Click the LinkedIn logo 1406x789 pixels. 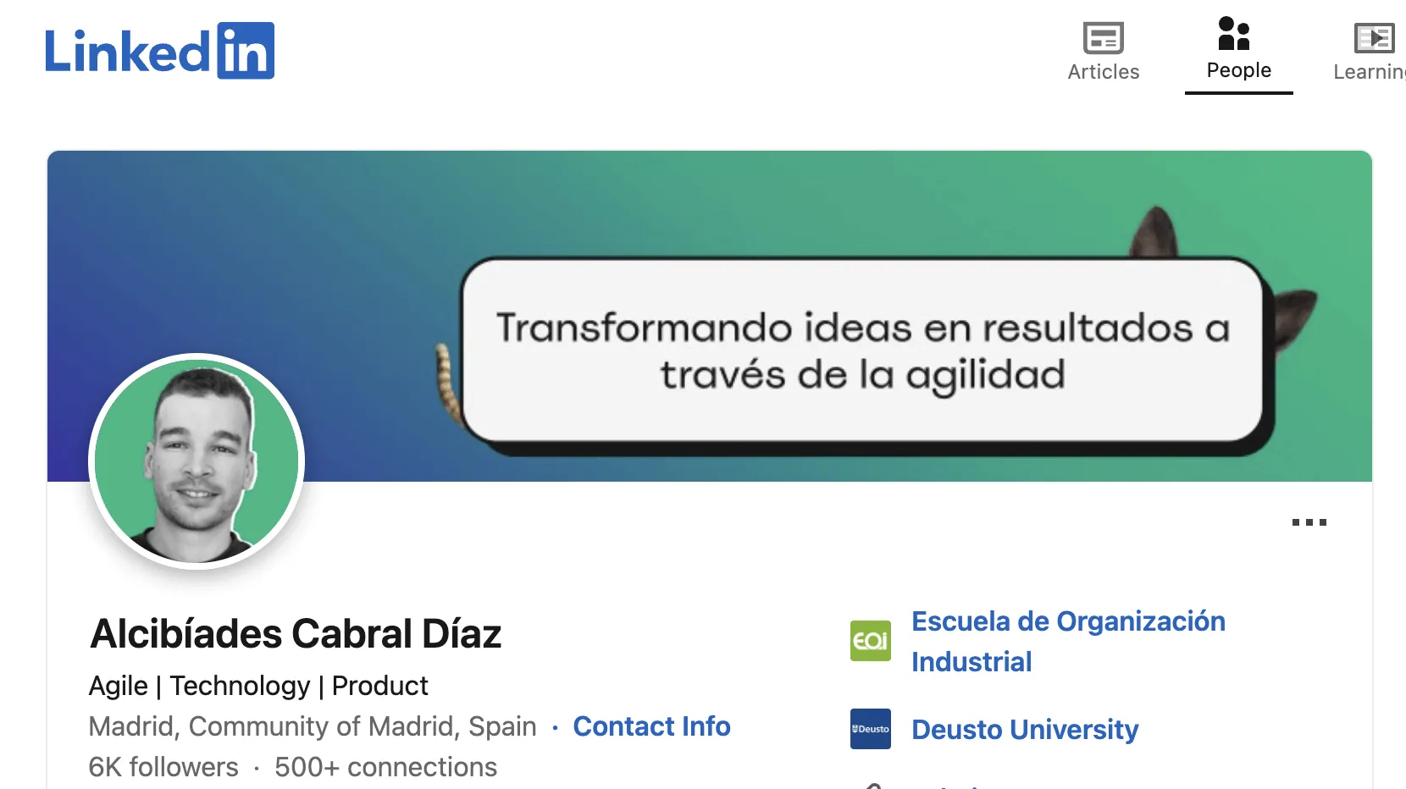[159, 51]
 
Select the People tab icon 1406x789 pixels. [1234, 34]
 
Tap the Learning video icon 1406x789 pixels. [1374, 39]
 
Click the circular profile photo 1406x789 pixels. [197, 461]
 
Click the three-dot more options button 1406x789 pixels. [1309, 522]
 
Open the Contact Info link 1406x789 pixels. [651, 726]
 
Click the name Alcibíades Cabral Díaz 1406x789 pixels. [296, 633]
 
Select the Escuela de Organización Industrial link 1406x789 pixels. [1067, 641]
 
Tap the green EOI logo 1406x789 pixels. [871, 641]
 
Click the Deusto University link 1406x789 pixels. [1025, 730]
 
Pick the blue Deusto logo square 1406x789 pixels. [871, 729]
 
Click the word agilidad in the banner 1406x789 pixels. [985, 375]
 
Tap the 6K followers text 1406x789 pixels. [163, 767]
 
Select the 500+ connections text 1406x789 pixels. [385, 767]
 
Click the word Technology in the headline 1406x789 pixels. [240, 686]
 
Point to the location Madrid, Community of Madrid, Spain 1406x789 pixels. [313, 726]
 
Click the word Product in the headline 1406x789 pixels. [379, 686]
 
